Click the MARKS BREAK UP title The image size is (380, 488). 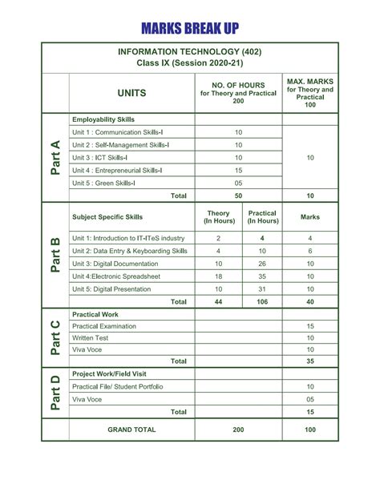pyautogui.click(x=190, y=30)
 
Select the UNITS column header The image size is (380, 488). pyautogui.click(x=131, y=93)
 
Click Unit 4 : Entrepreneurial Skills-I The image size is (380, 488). pyautogui.click(x=117, y=170)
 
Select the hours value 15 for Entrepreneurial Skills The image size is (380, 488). pyautogui.click(x=239, y=170)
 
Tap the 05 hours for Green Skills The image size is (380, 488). pyautogui.click(x=239, y=183)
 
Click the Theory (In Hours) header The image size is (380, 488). pyautogui.click(x=218, y=216)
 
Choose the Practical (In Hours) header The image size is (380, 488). pyautogui.click(x=263, y=216)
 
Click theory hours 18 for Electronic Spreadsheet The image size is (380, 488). pyautogui.click(x=218, y=276)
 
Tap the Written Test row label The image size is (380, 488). pyautogui.click(x=90, y=338)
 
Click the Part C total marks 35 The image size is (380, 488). pyautogui.click(x=309, y=361)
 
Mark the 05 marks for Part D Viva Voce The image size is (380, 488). pyautogui.click(x=309, y=399)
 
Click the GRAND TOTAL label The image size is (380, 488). pyautogui.click(x=132, y=430)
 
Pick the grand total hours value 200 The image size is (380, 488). pyautogui.click(x=239, y=430)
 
